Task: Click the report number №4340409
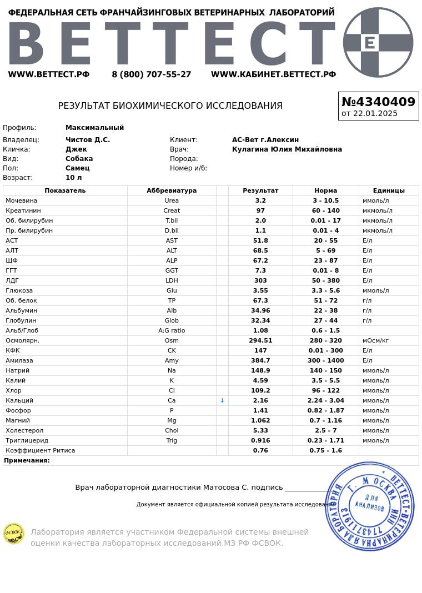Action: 378,102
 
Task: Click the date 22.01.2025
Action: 375,114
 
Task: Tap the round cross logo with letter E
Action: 378,42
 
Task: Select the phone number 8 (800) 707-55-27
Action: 151,74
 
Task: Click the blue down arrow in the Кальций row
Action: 222,400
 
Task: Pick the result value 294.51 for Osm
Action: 260,340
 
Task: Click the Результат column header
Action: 260,190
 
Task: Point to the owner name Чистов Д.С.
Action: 88,140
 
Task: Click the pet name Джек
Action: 76,149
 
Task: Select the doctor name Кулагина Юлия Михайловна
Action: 287,149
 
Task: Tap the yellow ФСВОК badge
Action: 13,534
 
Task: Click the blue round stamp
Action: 370,506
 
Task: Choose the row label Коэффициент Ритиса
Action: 40,450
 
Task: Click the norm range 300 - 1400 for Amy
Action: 325,360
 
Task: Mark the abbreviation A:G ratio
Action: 172,330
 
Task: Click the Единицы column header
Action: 389,190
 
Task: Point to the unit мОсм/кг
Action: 375,340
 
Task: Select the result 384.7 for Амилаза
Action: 260,360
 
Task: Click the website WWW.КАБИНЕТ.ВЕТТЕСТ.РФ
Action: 273,74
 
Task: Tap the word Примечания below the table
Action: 27,460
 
